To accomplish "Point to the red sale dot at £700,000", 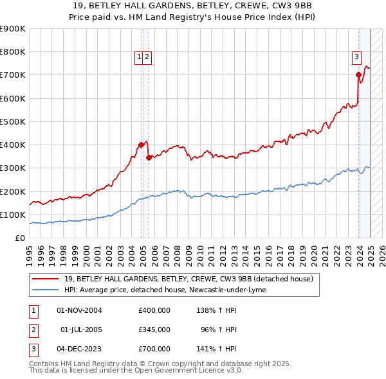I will tap(358, 75).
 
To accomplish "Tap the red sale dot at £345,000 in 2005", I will tap(149, 157).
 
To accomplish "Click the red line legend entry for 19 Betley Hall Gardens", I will tap(188, 279).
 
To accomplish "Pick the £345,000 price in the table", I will tap(154, 330).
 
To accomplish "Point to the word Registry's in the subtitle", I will tap(244, 19).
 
